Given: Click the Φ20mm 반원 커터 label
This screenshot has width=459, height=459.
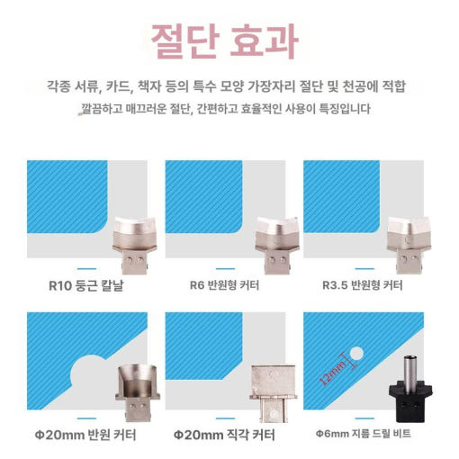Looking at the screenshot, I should tap(87, 436).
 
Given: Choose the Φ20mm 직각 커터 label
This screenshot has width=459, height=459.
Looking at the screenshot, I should tap(227, 436).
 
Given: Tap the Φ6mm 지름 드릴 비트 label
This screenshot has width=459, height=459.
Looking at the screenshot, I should tap(369, 436).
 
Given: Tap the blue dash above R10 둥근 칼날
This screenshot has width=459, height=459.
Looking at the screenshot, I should tap(87, 268).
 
